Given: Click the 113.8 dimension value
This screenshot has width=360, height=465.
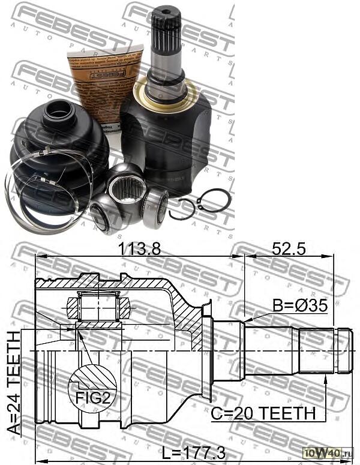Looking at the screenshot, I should tap(139, 249).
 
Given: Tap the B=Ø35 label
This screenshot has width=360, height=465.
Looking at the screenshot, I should tap(300, 306).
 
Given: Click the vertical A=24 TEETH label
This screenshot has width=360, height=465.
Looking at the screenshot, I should tap(14, 384).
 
